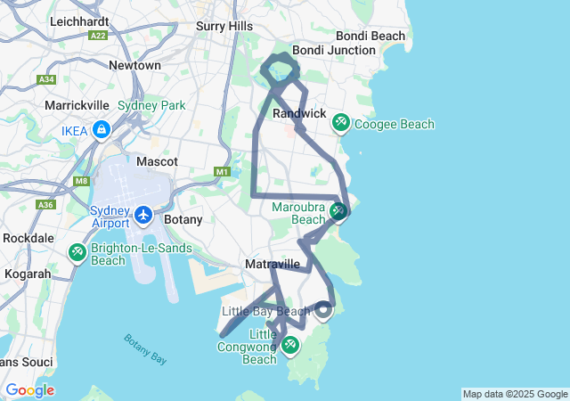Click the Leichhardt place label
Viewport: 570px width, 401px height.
point(79,20)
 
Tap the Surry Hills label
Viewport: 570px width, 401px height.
point(224,27)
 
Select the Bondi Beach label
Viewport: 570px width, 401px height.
point(370,36)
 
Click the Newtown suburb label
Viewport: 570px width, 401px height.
point(134,65)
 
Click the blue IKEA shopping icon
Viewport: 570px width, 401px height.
point(102,130)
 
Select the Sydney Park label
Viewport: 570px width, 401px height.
point(151,105)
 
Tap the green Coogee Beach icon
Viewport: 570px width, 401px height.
point(340,123)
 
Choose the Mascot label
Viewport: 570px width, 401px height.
point(158,161)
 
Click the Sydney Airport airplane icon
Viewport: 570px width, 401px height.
point(144,215)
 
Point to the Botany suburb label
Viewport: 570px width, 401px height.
point(184,219)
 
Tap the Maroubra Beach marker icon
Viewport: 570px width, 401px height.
point(338,211)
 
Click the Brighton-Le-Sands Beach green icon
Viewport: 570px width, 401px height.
point(77,253)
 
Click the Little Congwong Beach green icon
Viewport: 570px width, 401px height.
point(291,346)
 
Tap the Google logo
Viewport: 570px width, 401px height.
point(29,390)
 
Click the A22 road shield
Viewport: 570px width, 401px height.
point(98,36)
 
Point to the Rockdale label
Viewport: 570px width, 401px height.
point(29,238)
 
